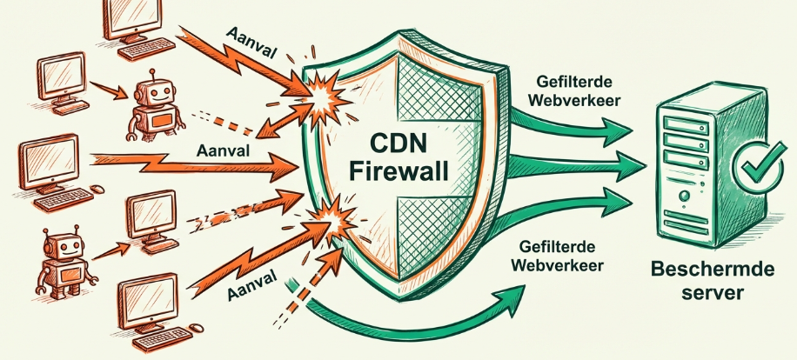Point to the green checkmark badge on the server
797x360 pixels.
coord(753,165)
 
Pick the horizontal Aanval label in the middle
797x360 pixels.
coord(225,150)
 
